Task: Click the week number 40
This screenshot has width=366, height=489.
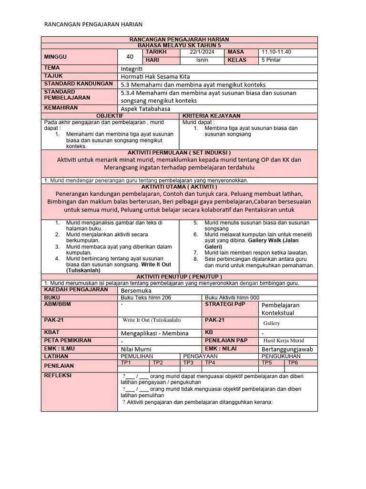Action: pyautogui.click(x=130, y=57)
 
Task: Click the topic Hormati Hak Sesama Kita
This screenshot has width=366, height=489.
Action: pyautogui.click(x=158, y=76)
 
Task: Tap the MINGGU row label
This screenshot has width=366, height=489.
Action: pyautogui.click(x=56, y=56)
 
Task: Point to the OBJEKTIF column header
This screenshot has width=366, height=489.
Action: pyautogui.click(x=110, y=116)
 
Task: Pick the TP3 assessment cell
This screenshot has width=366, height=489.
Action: pyautogui.click(x=189, y=362)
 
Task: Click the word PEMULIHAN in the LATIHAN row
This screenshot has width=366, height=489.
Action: pyautogui.click(x=137, y=356)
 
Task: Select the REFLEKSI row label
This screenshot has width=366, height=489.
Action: pyautogui.click(x=57, y=375)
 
